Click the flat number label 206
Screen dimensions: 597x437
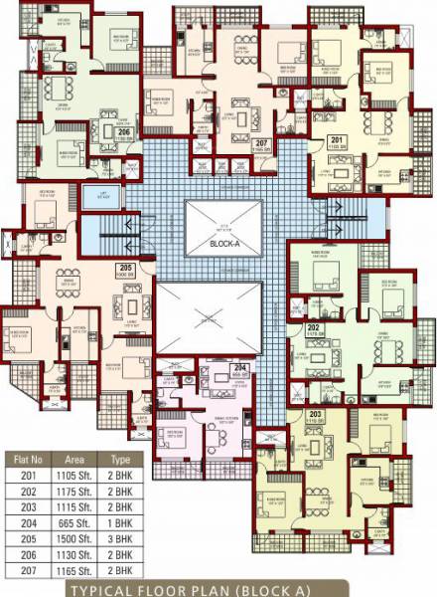pyautogui.click(x=124, y=130)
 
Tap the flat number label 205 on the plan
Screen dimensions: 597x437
pyautogui.click(x=125, y=269)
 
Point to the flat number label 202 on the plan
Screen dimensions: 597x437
pyautogui.click(x=312, y=326)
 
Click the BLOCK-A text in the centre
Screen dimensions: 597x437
pyautogui.click(x=225, y=242)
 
